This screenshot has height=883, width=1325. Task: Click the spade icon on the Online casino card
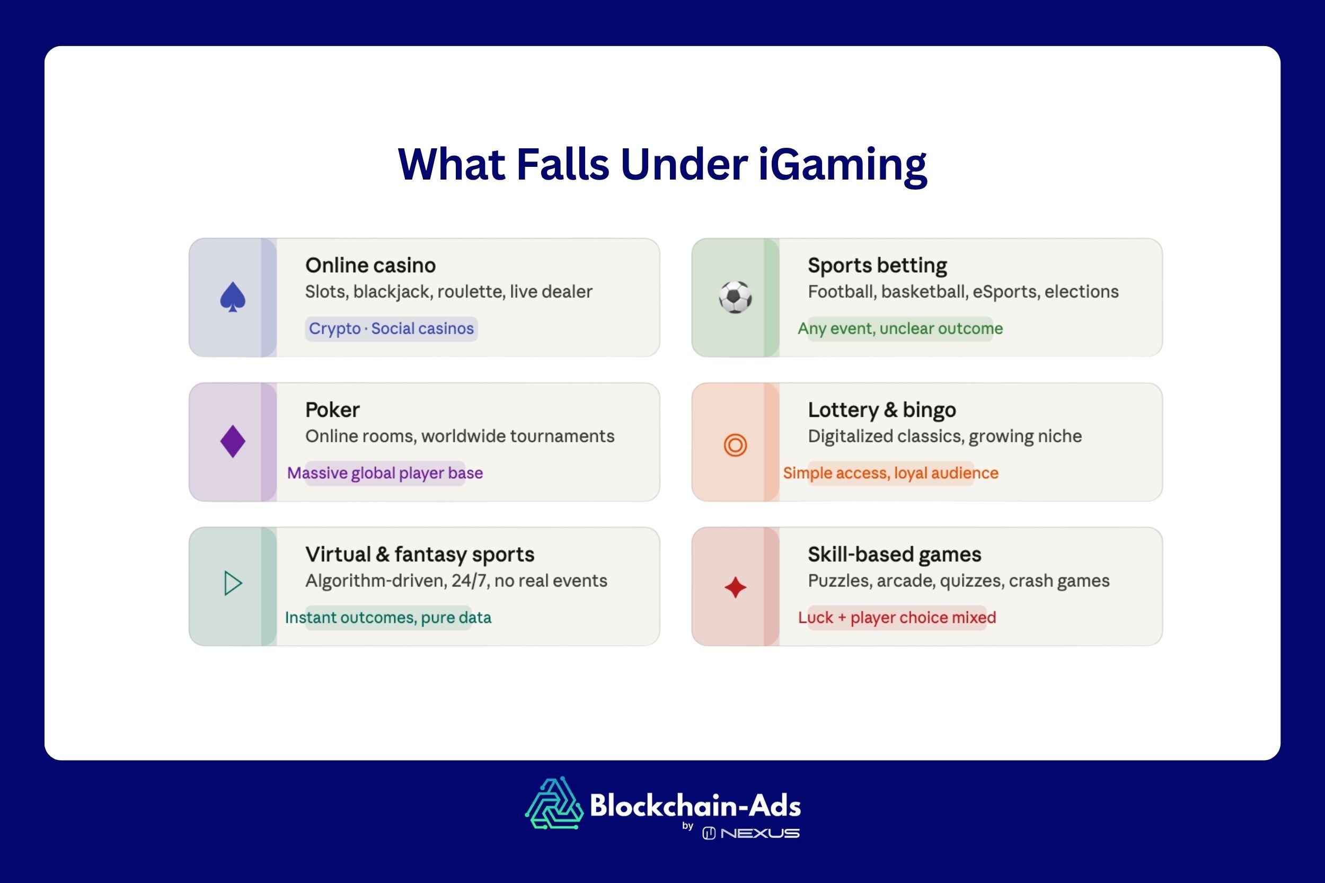pos(233,297)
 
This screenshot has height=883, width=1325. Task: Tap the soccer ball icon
pos(735,297)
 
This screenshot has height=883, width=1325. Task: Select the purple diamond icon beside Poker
pos(233,442)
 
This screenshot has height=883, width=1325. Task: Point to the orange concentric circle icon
pos(735,445)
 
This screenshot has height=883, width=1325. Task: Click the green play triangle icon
pos(233,583)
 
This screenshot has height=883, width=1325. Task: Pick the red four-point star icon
pos(735,587)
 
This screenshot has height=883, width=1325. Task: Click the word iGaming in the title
pos(842,164)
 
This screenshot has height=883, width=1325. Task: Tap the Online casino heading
pos(370,265)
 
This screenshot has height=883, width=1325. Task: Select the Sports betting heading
pos(877,265)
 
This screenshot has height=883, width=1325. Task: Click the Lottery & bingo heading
pos(881,410)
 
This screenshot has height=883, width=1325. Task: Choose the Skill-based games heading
pos(894,555)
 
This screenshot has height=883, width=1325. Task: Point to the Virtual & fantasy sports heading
pos(420,555)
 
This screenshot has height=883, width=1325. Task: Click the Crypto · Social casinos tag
pos(391,328)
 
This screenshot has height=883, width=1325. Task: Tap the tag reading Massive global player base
pos(385,473)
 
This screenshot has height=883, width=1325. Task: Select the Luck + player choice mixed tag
pos(897,618)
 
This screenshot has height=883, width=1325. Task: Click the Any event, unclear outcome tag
pos(899,328)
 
